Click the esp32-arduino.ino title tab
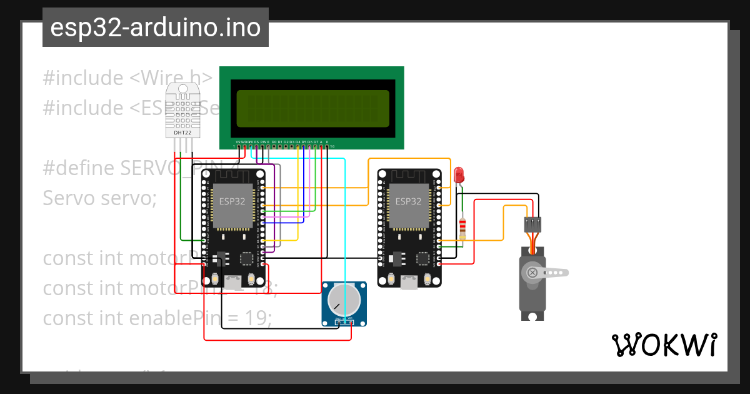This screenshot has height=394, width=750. click(155, 28)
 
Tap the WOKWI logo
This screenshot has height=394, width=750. click(664, 345)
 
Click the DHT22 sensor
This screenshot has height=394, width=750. click(182, 111)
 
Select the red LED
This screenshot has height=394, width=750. click(459, 174)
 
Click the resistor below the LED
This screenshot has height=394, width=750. click(462, 228)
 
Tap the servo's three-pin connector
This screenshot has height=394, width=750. click(532, 223)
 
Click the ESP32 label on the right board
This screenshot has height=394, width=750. click(408, 201)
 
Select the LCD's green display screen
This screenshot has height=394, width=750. click(312, 108)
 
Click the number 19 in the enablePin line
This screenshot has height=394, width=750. click(256, 318)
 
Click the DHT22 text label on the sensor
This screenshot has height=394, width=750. click(182, 133)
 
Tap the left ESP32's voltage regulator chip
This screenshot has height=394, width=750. click(219, 257)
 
